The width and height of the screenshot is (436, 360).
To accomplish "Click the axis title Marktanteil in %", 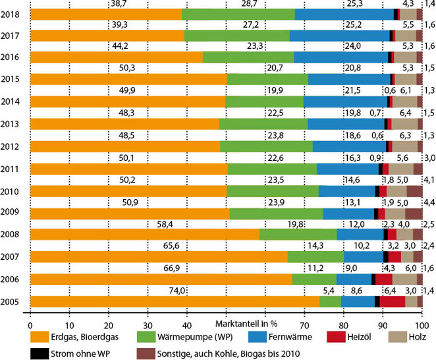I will (248, 324).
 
